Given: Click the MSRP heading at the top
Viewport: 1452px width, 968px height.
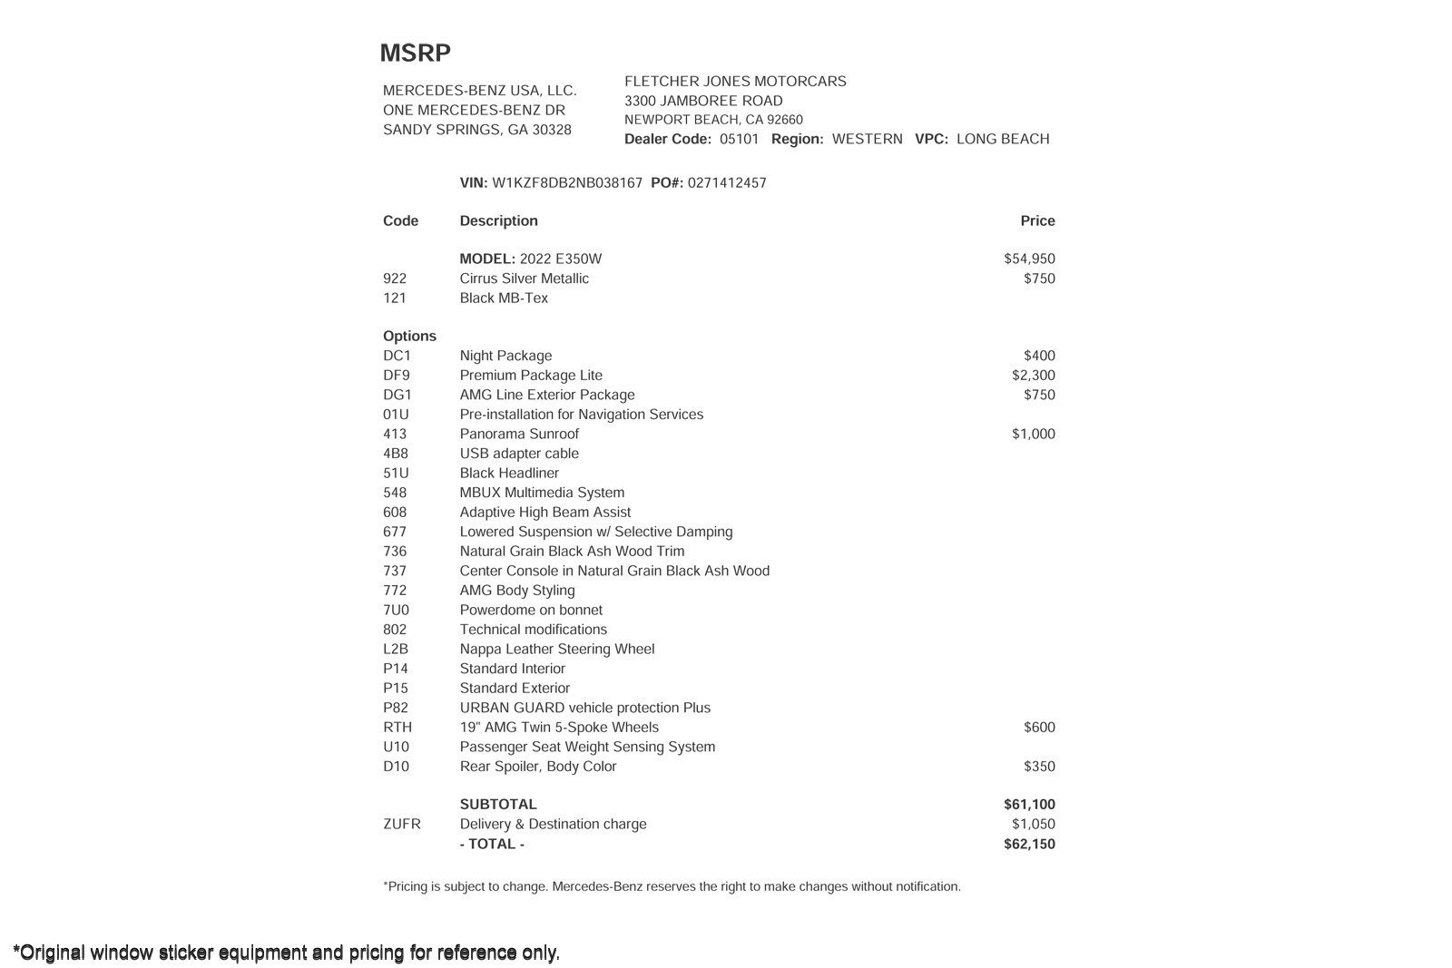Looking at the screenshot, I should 415,53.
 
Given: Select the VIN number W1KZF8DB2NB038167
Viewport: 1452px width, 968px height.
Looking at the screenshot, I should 567,182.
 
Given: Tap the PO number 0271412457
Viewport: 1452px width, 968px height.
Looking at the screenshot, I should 727,182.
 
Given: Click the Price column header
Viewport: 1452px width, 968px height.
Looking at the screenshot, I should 1037,220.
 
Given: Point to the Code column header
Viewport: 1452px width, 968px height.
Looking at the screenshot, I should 400,220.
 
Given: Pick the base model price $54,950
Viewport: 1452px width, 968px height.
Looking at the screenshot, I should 1029,259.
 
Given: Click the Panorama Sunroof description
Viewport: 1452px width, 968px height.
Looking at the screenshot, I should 519,434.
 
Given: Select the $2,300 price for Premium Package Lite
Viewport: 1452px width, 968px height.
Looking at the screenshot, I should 1034,375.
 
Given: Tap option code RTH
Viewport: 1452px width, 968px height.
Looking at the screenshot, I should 397,727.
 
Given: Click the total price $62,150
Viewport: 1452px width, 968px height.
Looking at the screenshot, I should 1029,844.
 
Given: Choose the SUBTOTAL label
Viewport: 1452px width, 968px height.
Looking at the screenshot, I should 498,804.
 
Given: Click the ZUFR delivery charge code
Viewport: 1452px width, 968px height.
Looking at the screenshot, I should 402,824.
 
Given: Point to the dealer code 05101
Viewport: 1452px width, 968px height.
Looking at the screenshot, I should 739,139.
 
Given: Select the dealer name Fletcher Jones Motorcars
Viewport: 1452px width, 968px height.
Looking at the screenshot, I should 735,81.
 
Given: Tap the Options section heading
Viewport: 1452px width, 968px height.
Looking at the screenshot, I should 409,336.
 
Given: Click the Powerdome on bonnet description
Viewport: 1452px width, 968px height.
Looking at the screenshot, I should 531,610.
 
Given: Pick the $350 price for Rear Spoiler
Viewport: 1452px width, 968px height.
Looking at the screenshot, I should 1039,766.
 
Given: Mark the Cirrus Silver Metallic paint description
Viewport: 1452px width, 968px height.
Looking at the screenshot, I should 524,279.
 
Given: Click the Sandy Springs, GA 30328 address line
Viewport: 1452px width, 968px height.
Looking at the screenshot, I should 477,130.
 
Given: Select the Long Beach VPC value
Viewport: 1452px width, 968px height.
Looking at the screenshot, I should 1003,139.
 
